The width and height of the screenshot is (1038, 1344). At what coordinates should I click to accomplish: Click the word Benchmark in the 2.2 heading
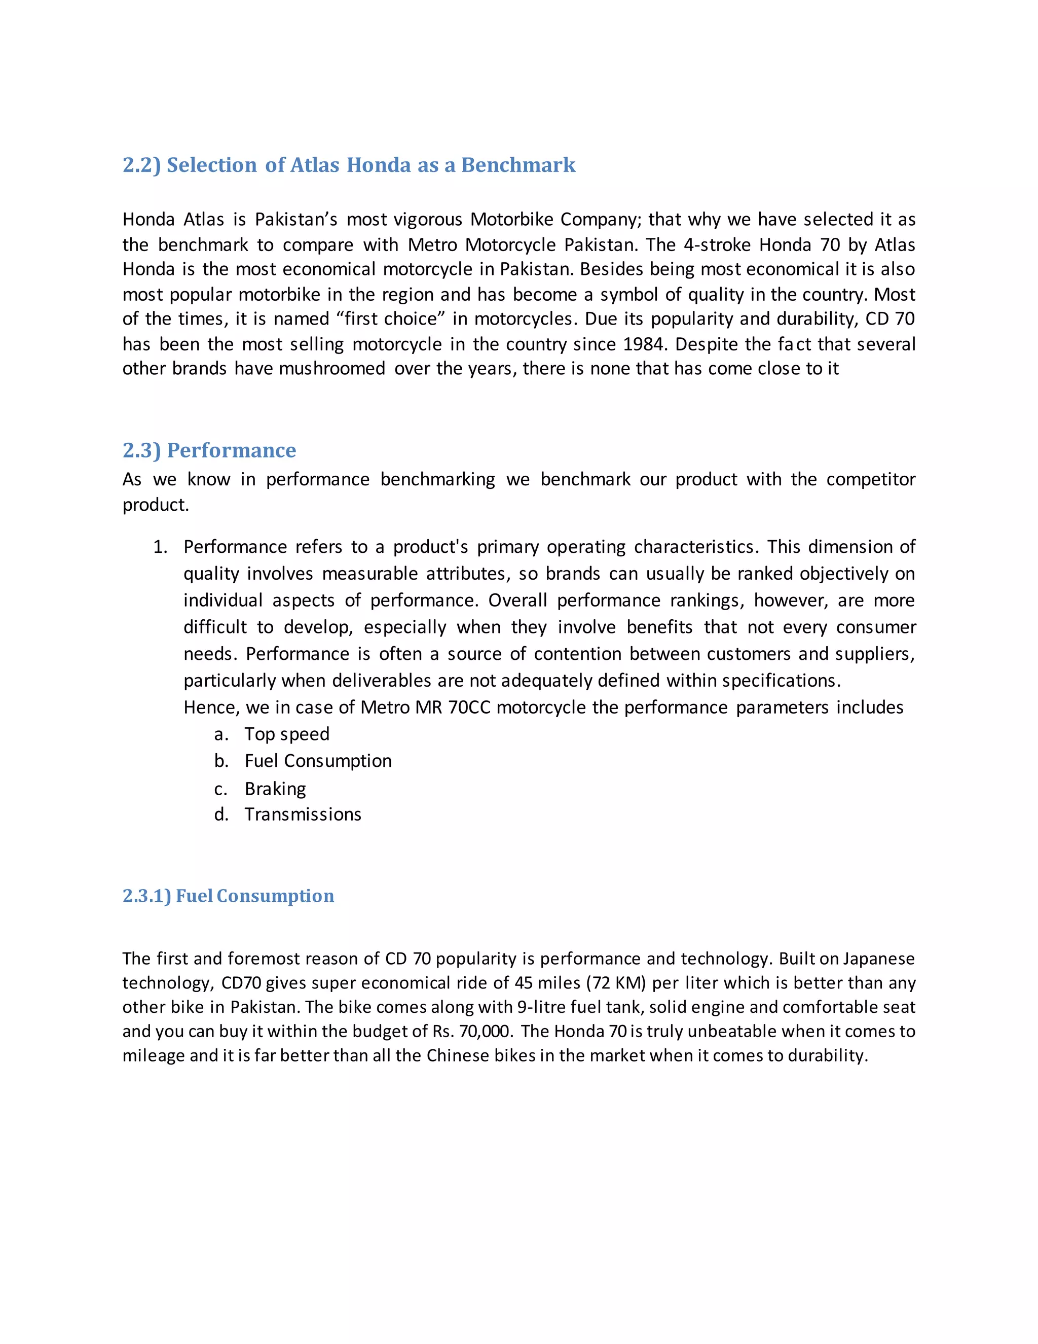click(x=518, y=165)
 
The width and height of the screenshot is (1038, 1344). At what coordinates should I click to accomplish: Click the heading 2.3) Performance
click(x=209, y=450)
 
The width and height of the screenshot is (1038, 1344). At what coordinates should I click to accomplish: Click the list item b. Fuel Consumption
click(x=318, y=761)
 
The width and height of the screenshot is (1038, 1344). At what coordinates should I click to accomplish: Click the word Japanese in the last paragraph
click(x=879, y=959)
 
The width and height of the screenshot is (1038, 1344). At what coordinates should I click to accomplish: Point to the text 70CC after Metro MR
click(x=469, y=707)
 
